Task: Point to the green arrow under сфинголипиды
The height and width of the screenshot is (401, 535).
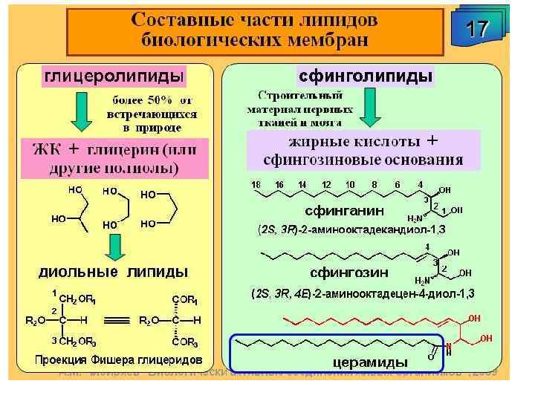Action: (x=370, y=110)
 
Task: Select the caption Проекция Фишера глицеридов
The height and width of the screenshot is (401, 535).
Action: (x=119, y=360)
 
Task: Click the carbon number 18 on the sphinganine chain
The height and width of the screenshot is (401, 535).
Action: (x=256, y=183)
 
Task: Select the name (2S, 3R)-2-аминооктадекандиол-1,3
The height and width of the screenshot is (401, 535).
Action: (x=353, y=229)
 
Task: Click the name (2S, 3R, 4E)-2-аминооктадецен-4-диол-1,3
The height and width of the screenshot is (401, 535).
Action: (x=362, y=293)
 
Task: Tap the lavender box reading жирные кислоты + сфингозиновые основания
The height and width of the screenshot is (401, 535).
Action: (x=363, y=150)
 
